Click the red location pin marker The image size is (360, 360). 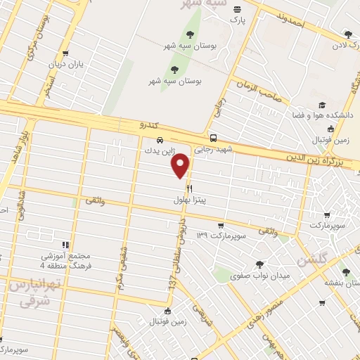tap(181, 165)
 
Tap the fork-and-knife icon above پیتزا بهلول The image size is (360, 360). tap(189, 189)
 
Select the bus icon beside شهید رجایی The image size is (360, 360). tap(213, 138)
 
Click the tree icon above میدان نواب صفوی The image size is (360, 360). tap(260, 265)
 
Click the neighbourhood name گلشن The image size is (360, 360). tap(312, 259)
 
